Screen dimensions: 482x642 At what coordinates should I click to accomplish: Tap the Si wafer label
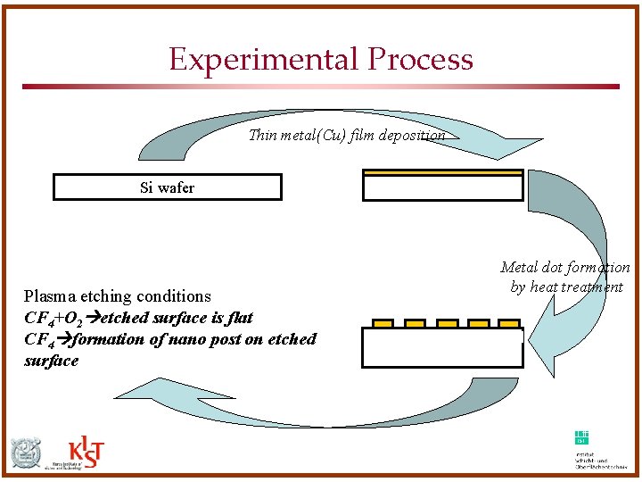pos(167,187)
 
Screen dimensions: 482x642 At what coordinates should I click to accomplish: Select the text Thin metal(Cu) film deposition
pos(347,136)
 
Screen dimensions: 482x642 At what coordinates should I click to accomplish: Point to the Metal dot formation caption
pos(565,277)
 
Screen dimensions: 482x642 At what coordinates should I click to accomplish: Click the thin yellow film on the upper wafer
pos(442,172)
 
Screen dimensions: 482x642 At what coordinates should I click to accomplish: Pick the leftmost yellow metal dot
pos(383,323)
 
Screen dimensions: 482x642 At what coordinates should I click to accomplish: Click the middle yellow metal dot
pos(448,323)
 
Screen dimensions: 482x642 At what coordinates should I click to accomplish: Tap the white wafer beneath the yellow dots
pos(442,348)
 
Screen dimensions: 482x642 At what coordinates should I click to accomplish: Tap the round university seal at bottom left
pos(26,453)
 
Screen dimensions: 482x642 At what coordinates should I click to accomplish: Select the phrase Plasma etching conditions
pos(118,296)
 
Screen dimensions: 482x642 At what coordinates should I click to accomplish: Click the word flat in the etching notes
pos(239,318)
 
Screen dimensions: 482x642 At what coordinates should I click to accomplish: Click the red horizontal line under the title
pos(320,87)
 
